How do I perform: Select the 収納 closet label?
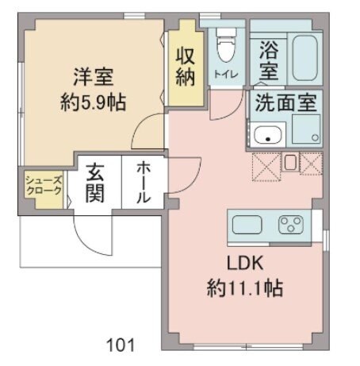tap(186, 67)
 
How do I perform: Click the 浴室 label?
tap(268, 60)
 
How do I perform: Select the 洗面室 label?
tap(285, 102)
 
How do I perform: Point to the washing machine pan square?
tap(305, 129)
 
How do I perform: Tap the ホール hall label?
tap(144, 183)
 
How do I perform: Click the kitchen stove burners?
tap(290, 225)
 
